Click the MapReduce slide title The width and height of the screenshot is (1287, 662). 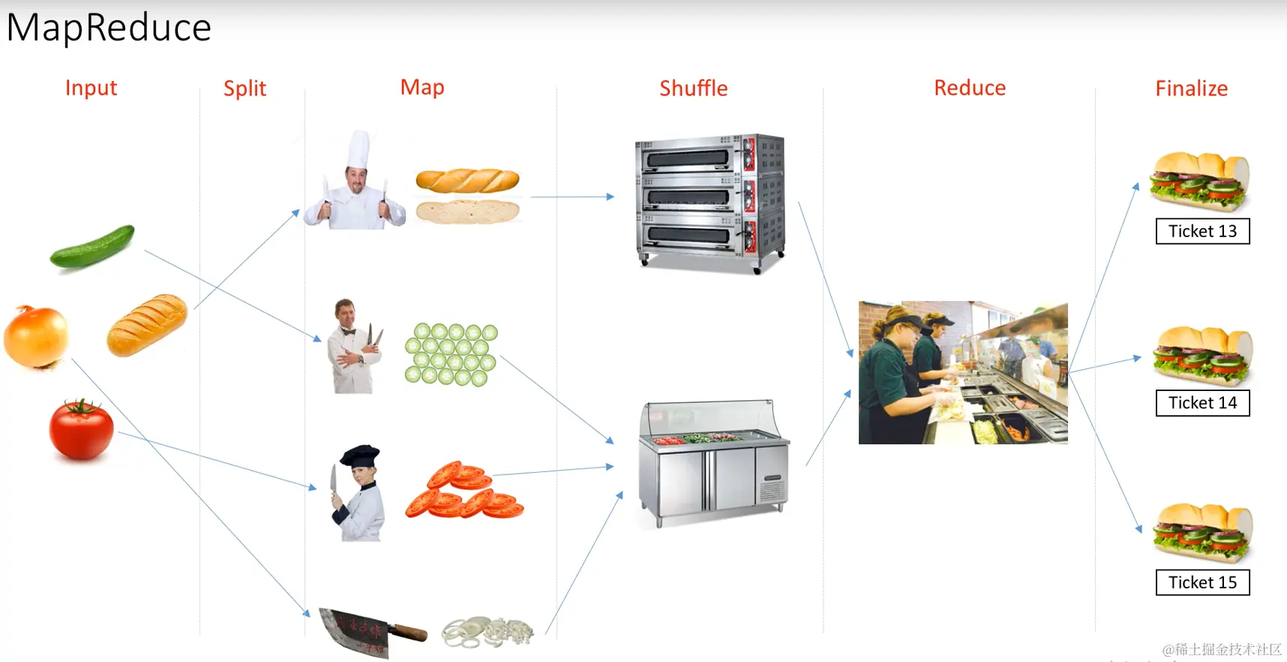coord(109,28)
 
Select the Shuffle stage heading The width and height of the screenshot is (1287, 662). coord(693,89)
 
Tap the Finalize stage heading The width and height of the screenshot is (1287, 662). coord(1191,89)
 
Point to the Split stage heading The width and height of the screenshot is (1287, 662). coord(244,89)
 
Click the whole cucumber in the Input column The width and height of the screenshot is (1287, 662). coord(92,245)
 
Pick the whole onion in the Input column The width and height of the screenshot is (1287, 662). coord(36,336)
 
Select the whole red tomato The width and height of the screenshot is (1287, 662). coord(81,429)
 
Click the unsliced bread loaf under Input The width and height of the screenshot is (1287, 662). coord(147,324)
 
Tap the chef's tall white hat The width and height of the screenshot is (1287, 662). coord(358,149)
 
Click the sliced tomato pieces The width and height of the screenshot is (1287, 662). coord(463,492)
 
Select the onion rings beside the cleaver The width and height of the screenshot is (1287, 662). coord(487,632)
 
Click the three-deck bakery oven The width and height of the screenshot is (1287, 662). coord(709,201)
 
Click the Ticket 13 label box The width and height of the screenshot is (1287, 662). coord(1202,231)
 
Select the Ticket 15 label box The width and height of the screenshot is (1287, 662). coord(1202,582)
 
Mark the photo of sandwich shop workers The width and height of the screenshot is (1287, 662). coord(963,372)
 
